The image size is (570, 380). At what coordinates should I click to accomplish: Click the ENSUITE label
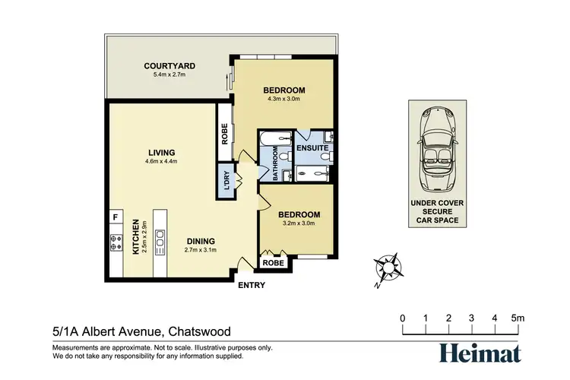(312, 147)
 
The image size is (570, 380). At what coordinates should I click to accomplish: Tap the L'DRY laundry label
(226, 179)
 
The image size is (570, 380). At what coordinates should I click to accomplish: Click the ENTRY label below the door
(252, 286)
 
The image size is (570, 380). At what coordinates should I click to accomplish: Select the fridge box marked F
(116, 217)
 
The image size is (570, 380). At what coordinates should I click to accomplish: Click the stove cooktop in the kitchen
(117, 243)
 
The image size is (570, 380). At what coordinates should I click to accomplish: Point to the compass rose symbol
(388, 268)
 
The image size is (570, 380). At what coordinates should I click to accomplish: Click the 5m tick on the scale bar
(518, 318)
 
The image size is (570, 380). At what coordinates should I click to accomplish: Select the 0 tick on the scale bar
(402, 318)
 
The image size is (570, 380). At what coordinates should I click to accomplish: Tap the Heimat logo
(480, 353)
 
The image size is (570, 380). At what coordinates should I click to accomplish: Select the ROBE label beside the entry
(274, 262)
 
